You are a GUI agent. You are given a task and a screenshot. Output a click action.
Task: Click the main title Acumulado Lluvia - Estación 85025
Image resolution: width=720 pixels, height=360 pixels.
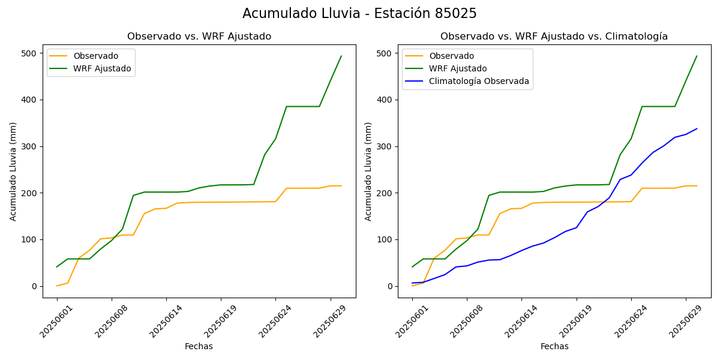point(359,14)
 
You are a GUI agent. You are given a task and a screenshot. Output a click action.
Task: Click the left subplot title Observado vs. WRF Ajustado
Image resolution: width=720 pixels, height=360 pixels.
point(199,37)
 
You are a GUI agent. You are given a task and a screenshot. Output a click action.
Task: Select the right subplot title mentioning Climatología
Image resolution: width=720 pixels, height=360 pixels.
point(554,37)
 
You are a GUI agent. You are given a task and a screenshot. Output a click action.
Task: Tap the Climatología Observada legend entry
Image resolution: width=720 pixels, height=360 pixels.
point(479,82)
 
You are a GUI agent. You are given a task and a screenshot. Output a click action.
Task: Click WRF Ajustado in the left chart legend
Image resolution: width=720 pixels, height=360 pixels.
point(102,68)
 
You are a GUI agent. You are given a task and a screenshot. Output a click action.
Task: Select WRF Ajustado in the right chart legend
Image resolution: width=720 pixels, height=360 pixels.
point(458,68)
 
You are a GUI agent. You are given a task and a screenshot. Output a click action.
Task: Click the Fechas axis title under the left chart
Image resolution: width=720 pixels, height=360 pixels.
point(199,346)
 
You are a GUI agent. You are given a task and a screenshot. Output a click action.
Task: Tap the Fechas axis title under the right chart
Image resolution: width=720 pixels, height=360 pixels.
point(554,346)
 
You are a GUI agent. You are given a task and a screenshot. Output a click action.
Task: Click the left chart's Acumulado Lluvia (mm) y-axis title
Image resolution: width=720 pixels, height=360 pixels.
point(13,172)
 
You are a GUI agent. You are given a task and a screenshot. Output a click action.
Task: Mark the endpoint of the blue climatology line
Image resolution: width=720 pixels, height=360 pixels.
point(697,128)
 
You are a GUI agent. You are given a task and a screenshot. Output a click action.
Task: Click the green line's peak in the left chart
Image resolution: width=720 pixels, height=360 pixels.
point(341,56)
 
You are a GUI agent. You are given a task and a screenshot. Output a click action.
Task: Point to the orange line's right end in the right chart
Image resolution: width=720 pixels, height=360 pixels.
point(697,185)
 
